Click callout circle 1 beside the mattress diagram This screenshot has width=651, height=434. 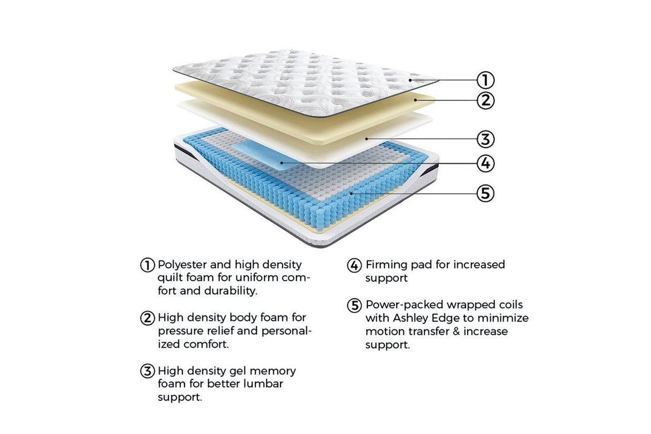(x=485, y=80)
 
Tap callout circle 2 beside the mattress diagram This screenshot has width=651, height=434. (x=485, y=100)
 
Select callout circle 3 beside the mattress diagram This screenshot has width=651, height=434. (x=485, y=139)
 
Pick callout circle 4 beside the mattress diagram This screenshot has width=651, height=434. (x=485, y=163)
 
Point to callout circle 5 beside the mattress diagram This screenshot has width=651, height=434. (x=485, y=193)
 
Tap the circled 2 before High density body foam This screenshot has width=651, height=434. (x=147, y=318)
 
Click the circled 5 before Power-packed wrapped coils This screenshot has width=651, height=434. (x=354, y=305)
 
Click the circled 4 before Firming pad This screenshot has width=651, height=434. (x=354, y=265)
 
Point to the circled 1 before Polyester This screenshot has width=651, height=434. (x=147, y=265)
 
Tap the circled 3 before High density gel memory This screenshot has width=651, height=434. (x=147, y=371)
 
